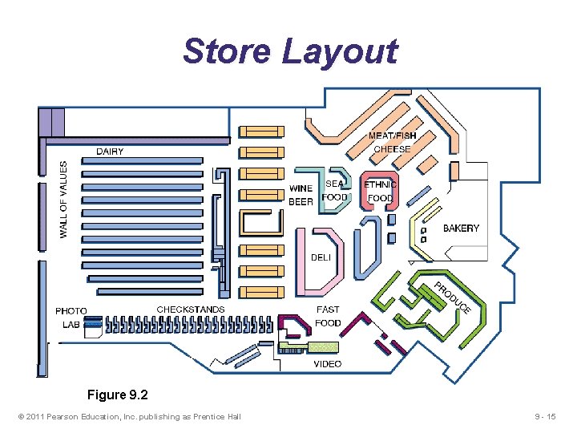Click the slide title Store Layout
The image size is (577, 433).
[289, 51]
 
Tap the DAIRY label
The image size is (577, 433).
[110, 152]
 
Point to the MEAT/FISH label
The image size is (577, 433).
[392, 136]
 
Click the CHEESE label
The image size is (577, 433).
[392, 149]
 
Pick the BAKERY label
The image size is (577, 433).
[461, 229]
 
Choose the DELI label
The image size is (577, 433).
[321, 257]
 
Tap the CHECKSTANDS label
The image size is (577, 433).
[191, 310]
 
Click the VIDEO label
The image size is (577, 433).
[327, 364]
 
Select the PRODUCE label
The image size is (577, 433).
[453, 297]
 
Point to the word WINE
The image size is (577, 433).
[301, 189]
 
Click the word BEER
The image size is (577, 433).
[301, 202]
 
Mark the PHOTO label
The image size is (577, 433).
[71, 311]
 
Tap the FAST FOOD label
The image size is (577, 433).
[328, 316]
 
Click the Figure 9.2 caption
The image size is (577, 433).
[118, 395]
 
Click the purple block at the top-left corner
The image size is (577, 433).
[51, 123]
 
